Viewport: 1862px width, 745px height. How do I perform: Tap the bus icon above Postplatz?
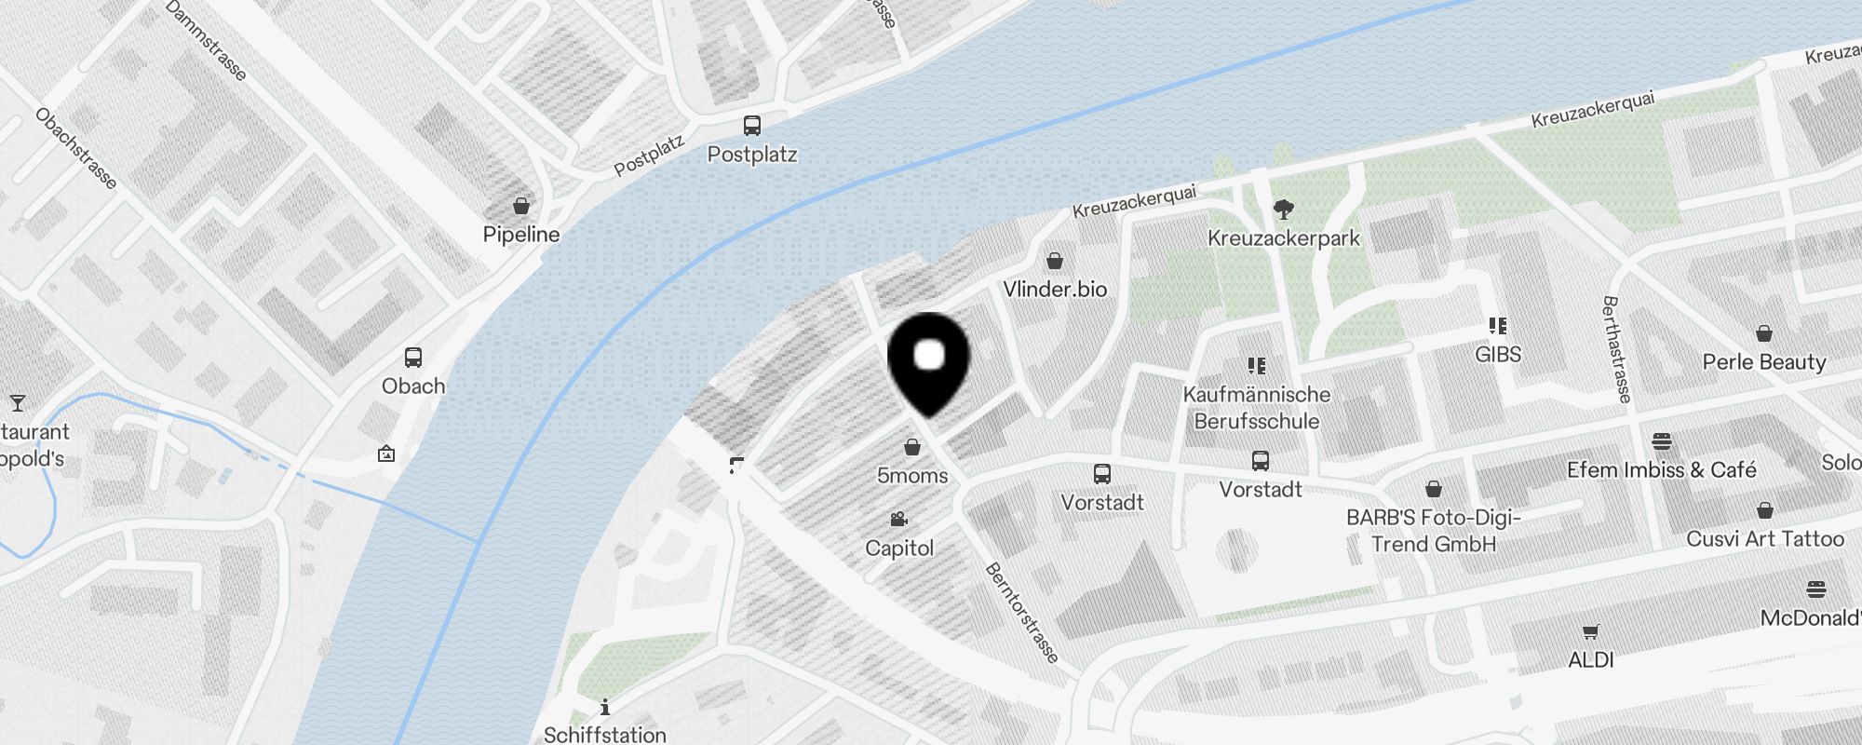pyautogui.click(x=751, y=126)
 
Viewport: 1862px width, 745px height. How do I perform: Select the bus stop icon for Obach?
pyautogui.click(x=413, y=358)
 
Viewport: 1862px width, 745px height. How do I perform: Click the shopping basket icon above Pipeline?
pyautogui.click(x=521, y=206)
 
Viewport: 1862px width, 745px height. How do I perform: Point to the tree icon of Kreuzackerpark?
pyautogui.click(x=1284, y=209)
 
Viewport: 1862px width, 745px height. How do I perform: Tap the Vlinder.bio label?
pyautogui.click(x=1055, y=290)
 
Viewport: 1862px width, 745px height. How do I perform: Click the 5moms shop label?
pyautogui.click(x=912, y=476)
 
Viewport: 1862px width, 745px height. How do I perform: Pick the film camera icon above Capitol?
pyautogui.click(x=898, y=520)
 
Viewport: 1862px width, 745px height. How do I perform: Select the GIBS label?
pyautogui.click(x=1498, y=355)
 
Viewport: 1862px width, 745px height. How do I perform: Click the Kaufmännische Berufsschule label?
pyautogui.click(x=1257, y=408)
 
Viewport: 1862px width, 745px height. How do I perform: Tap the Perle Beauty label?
pyautogui.click(x=1764, y=362)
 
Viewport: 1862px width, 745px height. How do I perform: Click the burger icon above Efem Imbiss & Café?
pyautogui.click(x=1662, y=441)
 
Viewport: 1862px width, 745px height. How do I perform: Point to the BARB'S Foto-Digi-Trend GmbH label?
pyautogui.click(x=1434, y=531)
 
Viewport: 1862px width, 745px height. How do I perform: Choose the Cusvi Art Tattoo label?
pyautogui.click(x=1765, y=539)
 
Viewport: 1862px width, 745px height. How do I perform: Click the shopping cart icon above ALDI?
pyautogui.click(x=1591, y=632)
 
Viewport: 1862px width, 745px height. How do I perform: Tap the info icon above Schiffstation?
pyautogui.click(x=605, y=708)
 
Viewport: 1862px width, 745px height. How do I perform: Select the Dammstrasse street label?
pyautogui.click(x=206, y=40)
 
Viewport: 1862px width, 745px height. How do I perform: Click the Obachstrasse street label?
pyautogui.click(x=76, y=148)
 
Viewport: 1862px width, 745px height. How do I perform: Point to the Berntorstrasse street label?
pyautogui.click(x=1022, y=613)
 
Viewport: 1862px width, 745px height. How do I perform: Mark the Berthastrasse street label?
pyautogui.click(x=1617, y=349)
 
